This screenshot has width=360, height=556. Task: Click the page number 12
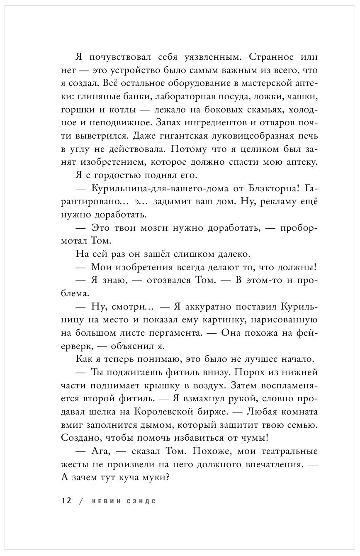coord(66,500)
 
